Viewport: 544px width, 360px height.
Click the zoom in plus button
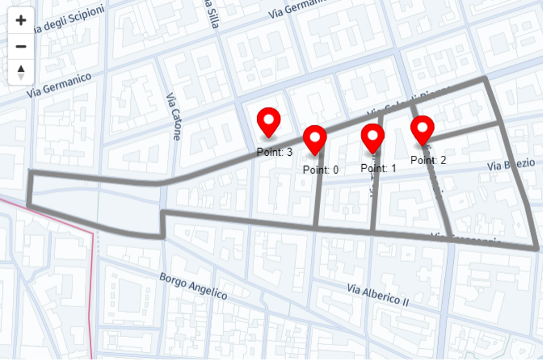[x=21, y=21]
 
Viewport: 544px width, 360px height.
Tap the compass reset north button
[x=21, y=72]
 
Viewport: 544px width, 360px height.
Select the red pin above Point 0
[x=315, y=139]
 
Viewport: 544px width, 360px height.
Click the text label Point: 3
[x=275, y=152]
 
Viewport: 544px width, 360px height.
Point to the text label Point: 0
[x=321, y=170]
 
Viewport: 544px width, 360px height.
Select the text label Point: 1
[x=378, y=167]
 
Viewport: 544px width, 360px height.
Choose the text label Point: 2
[x=428, y=160]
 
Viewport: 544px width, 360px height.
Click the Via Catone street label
[x=173, y=116]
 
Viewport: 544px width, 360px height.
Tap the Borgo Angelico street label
[x=193, y=285]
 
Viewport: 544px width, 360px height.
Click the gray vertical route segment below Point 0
[x=317, y=200]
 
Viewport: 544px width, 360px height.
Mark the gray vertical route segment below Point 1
[x=373, y=200]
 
